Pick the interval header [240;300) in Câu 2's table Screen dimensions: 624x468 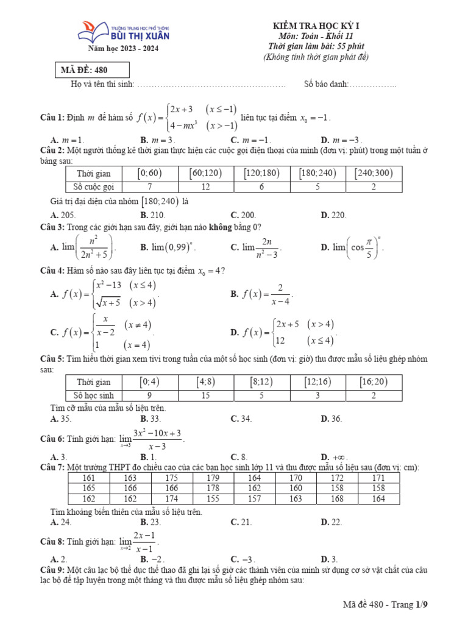tap(374, 174)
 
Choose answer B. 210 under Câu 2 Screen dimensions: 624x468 tap(152, 215)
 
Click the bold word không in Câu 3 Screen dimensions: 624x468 tap(222, 227)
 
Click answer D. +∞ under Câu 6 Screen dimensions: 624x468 tap(334, 457)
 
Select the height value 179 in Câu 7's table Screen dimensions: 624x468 tap(213, 478)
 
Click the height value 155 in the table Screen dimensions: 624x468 tap(213, 498)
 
